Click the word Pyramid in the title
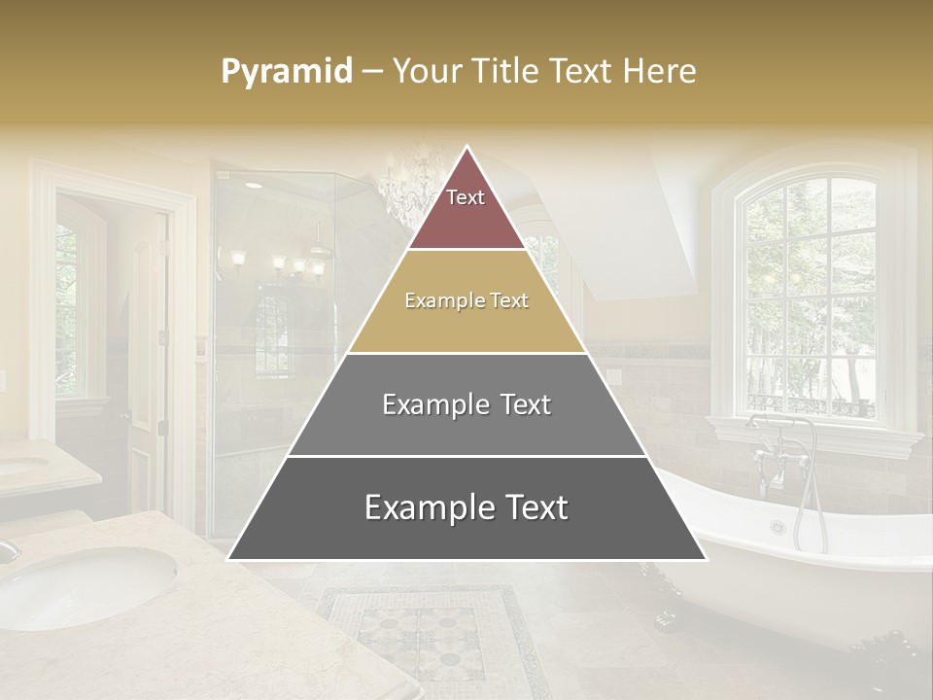tap(286, 72)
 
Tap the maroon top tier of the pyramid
tap(466, 219)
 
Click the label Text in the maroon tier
tap(466, 197)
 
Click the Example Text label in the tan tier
tap(466, 300)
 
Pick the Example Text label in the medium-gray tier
tap(466, 404)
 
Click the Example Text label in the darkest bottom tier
tap(466, 507)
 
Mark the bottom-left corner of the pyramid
tap(228, 559)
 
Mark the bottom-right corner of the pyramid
tap(706, 559)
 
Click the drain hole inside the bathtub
tap(777, 527)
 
